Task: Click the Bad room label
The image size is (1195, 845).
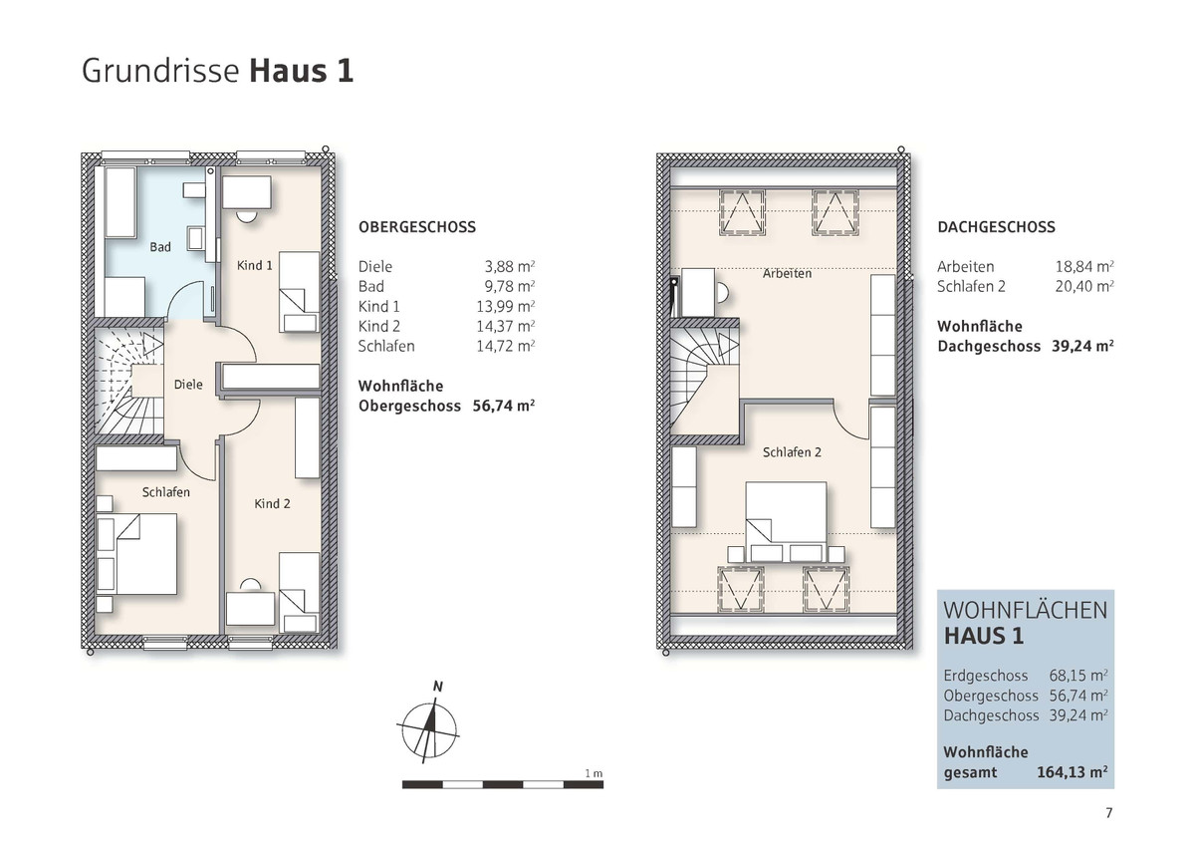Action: [160, 247]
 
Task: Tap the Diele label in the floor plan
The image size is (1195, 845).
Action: [188, 385]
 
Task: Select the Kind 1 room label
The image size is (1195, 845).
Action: [255, 265]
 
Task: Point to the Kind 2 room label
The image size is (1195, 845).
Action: [272, 503]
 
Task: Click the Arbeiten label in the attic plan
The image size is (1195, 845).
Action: [787, 273]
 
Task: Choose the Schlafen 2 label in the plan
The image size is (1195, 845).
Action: [792, 452]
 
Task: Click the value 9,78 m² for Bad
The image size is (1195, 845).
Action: [510, 287]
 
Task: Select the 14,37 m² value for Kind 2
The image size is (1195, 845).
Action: [506, 326]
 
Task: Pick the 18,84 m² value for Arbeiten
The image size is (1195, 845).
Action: [1084, 266]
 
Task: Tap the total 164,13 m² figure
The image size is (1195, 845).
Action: [1073, 772]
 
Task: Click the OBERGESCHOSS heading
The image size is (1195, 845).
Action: [417, 227]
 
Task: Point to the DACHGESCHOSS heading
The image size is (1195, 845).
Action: [996, 227]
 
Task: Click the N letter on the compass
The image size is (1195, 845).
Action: [438, 687]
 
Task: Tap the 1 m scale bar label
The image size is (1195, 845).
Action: [594, 773]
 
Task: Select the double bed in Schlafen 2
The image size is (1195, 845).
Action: [786, 513]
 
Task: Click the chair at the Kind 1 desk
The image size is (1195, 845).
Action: [247, 215]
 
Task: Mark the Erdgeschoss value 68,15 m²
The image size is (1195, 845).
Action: [1078, 676]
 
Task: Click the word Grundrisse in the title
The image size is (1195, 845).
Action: [160, 71]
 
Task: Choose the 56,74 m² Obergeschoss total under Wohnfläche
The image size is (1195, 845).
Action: [504, 407]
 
